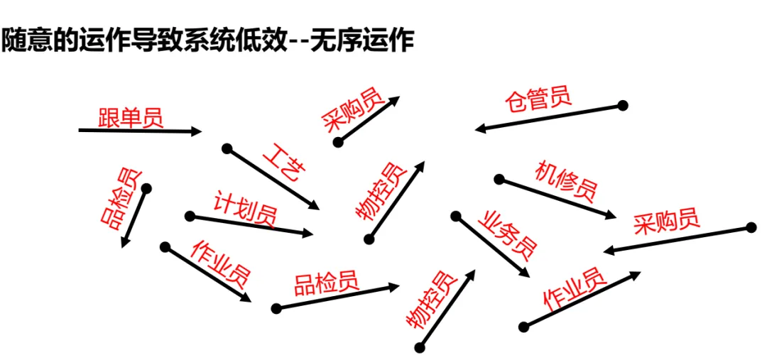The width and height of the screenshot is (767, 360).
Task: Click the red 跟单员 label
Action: pyautogui.click(x=131, y=116)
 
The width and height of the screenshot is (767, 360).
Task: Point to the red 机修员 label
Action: pyautogui.click(x=566, y=181)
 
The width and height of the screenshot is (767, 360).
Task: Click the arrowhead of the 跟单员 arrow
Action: pyautogui.click(x=198, y=131)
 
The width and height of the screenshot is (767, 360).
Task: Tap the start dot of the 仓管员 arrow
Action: pyautogui.click(x=623, y=106)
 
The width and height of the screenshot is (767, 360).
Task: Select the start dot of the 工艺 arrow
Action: pyautogui.click(x=227, y=149)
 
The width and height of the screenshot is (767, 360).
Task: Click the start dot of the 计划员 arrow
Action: pyautogui.click(x=190, y=216)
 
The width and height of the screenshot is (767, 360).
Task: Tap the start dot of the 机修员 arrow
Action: pyautogui.click(x=499, y=179)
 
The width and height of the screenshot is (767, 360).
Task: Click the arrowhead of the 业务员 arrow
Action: pyautogui.click(x=526, y=276)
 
